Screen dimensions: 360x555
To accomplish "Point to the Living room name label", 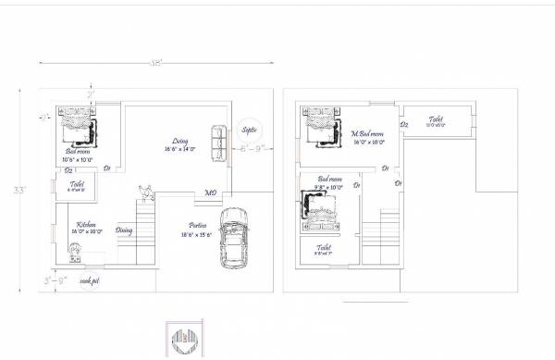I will [x=181, y=141].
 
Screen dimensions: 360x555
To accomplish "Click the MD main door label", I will [x=211, y=193].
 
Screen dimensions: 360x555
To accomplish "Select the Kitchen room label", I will [x=87, y=224].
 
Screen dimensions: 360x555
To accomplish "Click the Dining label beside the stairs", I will [x=124, y=230].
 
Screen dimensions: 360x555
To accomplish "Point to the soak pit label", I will [x=90, y=279].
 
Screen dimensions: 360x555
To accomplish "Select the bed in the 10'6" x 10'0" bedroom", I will [x=80, y=125].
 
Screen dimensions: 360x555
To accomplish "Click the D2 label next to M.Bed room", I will [x=404, y=124].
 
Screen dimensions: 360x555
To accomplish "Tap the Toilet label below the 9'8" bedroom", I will [x=324, y=247].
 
